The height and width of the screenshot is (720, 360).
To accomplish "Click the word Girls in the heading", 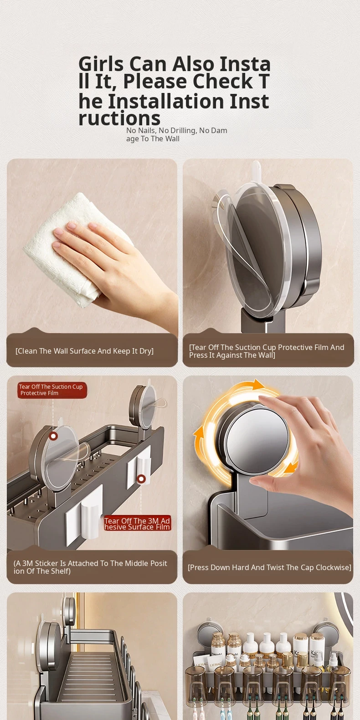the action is click(x=101, y=64).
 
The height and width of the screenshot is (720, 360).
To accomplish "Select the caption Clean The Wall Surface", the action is click(x=84, y=351).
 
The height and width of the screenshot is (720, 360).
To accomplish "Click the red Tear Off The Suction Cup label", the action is click(x=51, y=390).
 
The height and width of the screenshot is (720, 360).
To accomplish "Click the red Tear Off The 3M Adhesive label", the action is click(x=137, y=524).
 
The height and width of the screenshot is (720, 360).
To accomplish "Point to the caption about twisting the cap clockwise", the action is click(x=269, y=568).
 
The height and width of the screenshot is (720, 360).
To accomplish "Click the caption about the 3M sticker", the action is click(x=90, y=567).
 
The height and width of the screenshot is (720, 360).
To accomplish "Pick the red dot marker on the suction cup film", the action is click(x=53, y=436).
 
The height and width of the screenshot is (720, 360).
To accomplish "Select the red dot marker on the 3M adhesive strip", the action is click(x=141, y=479).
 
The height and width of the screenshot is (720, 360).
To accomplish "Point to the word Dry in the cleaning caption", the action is click(x=146, y=351).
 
